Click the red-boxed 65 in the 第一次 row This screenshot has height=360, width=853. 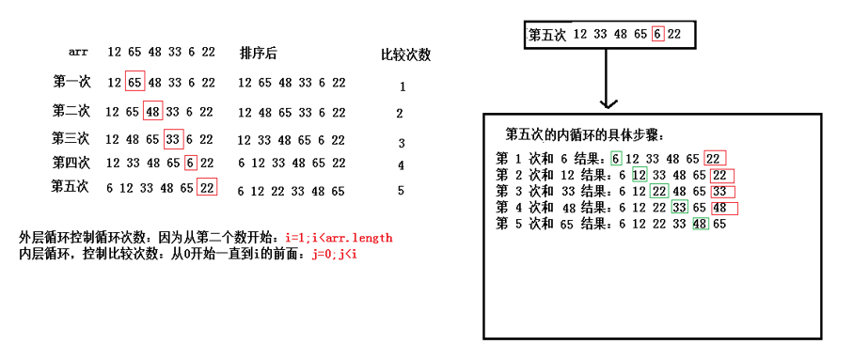[134, 82]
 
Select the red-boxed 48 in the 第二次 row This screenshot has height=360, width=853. [152, 111]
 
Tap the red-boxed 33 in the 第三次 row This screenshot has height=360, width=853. [172, 139]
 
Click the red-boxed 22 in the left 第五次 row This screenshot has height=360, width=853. [207, 187]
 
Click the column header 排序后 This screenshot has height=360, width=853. [258, 53]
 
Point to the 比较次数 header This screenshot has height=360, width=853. [405, 55]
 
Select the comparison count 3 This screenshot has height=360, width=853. [401, 143]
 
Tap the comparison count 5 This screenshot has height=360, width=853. [401, 190]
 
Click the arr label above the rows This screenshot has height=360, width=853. [78, 51]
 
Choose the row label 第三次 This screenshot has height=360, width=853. [71, 138]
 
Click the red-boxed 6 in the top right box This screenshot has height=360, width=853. [657, 35]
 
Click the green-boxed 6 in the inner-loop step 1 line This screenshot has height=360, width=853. [616, 159]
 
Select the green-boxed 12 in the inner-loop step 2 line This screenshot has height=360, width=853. [640, 175]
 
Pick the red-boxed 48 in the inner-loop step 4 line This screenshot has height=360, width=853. [721, 208]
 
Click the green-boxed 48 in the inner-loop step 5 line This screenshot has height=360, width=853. [700, 224]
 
